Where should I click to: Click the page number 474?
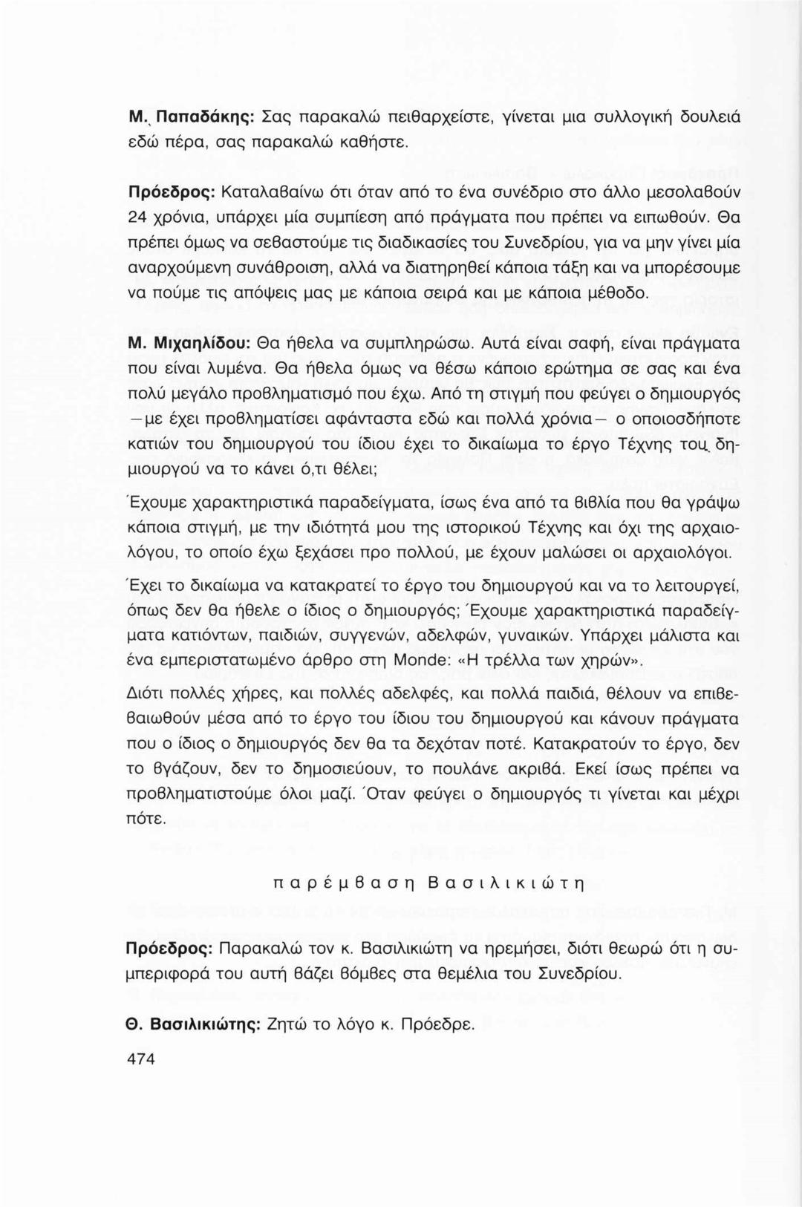click(141, 1059)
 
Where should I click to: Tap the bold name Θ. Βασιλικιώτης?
click(193, 1025)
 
